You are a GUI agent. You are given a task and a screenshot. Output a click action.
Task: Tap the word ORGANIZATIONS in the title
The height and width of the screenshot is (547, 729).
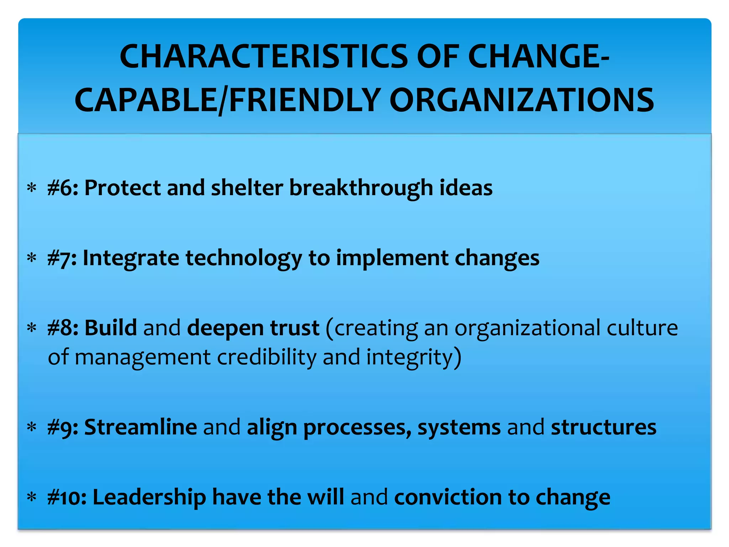click(x=522, y=100)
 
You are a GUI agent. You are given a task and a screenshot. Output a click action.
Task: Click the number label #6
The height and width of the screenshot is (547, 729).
click(x=63, y=188)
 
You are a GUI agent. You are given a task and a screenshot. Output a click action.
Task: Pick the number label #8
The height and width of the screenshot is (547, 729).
click(x=63, y=328)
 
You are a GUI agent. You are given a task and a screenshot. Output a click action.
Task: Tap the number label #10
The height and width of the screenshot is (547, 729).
click(x=67, y=497)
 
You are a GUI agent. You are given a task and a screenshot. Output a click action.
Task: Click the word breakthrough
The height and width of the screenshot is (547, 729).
click(x=361, y=188)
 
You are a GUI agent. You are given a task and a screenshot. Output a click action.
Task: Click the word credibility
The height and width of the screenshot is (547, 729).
click(x=267, y=357)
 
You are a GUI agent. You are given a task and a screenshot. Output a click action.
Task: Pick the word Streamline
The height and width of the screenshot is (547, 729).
click(x=141, y=427)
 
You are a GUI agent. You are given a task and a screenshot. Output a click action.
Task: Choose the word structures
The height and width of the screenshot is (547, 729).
click(x=603, y=427)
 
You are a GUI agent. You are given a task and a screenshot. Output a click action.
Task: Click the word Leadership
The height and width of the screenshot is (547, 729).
click(x=149, y=497)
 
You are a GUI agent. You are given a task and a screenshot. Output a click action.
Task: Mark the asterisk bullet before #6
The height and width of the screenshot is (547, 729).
click(x=32, y=188)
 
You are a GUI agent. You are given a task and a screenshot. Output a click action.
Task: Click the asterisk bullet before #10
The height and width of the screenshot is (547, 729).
click(x=32, y=497)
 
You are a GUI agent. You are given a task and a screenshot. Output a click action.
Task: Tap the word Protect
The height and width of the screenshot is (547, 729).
click(x=122, y=188)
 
